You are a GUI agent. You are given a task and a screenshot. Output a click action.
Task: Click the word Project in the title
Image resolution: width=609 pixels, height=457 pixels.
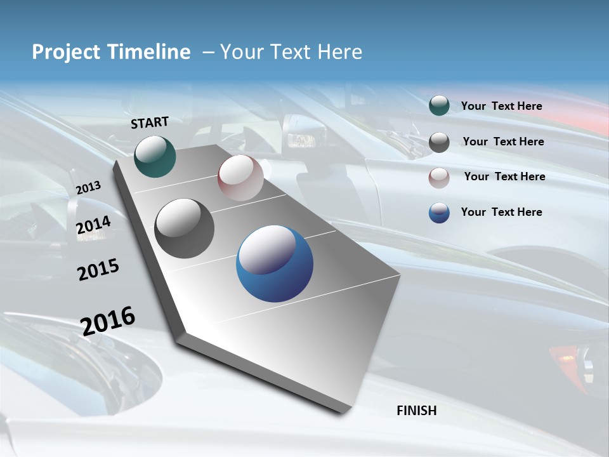tap(66, 52)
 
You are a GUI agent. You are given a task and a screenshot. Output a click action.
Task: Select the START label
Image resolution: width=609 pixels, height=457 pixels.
tap(150, 123)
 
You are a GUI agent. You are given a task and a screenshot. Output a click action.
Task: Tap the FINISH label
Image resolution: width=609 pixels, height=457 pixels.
tap(417, 411)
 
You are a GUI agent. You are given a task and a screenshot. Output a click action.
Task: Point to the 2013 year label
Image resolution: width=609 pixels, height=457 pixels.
tap(88, 188)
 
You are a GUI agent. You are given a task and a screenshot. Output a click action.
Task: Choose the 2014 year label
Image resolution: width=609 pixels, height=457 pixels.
tap(93, 225)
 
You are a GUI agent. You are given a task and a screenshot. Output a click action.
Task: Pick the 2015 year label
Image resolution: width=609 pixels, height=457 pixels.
tap(98, 270)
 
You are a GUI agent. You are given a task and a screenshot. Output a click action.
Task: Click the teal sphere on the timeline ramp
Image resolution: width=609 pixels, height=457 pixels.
tap(155, 156)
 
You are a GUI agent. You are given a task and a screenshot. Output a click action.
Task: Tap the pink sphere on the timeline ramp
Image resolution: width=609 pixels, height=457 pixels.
tap(240, 178)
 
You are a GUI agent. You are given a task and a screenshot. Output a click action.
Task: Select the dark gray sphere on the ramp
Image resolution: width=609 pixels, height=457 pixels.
tap(185, 228)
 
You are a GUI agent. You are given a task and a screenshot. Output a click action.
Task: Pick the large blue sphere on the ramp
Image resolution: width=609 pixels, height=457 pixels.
tap(275, 263)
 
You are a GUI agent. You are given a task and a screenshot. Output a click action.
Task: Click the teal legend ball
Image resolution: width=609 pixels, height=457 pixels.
tap(439, 106)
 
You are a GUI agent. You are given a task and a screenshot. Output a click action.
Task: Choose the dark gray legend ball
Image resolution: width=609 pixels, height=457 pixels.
tap(439, 142)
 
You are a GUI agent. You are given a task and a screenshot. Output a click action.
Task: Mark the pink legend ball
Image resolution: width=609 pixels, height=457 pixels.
tap(439, 178)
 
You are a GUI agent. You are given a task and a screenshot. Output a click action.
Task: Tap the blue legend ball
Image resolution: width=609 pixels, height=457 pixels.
tap(439, 213)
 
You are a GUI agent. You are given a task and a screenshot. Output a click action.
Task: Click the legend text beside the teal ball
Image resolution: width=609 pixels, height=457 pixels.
tap(501, 106)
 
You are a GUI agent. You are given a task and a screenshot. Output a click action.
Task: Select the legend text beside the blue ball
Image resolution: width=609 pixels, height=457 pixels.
tap(501, 212)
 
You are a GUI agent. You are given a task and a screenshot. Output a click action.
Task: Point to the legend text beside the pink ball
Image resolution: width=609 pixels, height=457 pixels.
tap(504, 176)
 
